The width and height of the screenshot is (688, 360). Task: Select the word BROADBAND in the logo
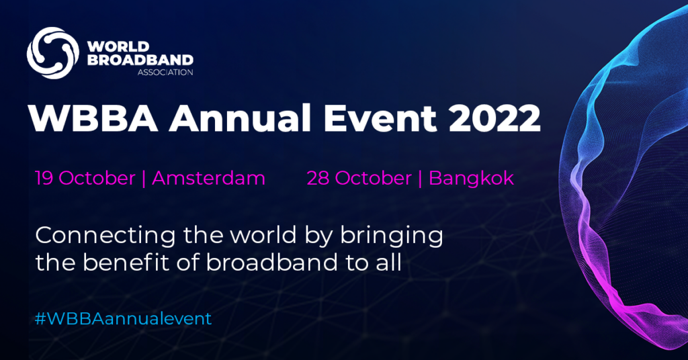pos(140,60)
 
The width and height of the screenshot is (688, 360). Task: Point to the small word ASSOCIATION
pos(165,72)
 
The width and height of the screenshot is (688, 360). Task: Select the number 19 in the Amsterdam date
pos(44,178)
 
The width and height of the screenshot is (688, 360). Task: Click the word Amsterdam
pos(208,178)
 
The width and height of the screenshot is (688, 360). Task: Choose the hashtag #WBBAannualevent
pos(123,318)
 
